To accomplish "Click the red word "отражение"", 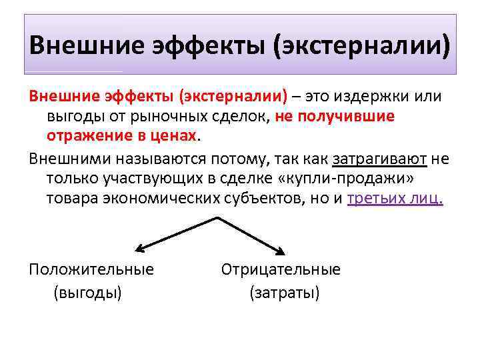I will coord(86,136).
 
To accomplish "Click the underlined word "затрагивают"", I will coord(379,159).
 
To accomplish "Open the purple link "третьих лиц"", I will coord(395,199).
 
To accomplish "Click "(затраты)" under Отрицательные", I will coord(285,292).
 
